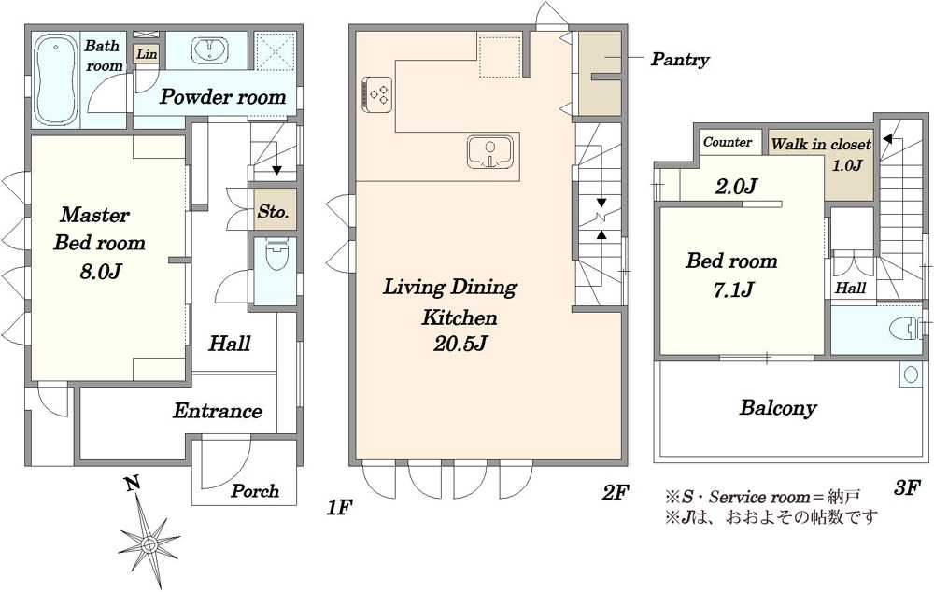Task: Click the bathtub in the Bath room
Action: [x=55, y=79]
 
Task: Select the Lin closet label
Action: [x=146, y=53]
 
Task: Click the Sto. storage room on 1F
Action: [x=274, y=211]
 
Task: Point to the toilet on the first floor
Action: [x=276, y=255]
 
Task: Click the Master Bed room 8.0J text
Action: [x=99, y=243]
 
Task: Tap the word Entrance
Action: [x=218, y=411]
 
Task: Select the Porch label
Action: [x=255, y=491]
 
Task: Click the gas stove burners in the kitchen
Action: [x=377, y=93]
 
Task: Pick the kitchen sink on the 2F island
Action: [x=490, y=152]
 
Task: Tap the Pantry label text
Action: [x=680, y=60]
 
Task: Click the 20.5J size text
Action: [x=460, y=345]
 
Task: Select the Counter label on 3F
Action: [x=728, y=142]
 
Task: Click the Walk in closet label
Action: [x=821, y=144]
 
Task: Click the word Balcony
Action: [x=778, y=408]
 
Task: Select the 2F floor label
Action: [x=616, y=492]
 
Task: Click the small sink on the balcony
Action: [x=911, y=374]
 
